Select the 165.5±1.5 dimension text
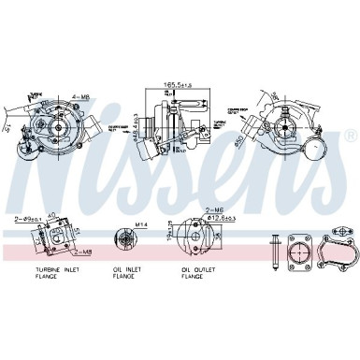pos(177,85)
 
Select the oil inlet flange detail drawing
pos(122,240)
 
